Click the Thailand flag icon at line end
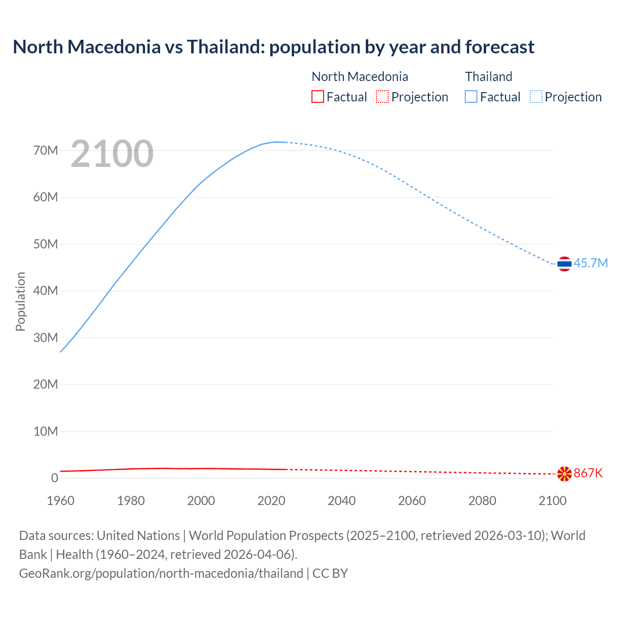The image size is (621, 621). coord(564,264)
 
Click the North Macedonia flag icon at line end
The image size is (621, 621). coord(564,474)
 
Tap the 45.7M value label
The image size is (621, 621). coord(590,263)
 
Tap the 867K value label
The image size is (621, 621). coord(588,473)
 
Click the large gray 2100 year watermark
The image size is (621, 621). coord(112,154)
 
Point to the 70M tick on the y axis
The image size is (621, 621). coord(46,150)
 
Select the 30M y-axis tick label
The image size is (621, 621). coord(46,338)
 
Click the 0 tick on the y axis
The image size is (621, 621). coord(54,478)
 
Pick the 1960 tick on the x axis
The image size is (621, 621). coord(61,501)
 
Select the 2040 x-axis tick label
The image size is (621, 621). coord(342,501)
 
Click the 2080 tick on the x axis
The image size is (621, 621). coord(482,501)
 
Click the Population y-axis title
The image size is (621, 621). coord(20,301)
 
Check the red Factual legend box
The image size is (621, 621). coord(318,97)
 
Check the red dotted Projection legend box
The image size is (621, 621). coord(382,97)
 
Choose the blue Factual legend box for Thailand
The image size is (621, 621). coord(471,97)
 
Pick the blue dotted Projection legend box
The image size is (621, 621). coord(536,97)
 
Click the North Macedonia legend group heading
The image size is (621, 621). coord(360,77)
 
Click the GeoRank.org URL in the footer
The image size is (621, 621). coord(161,573)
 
